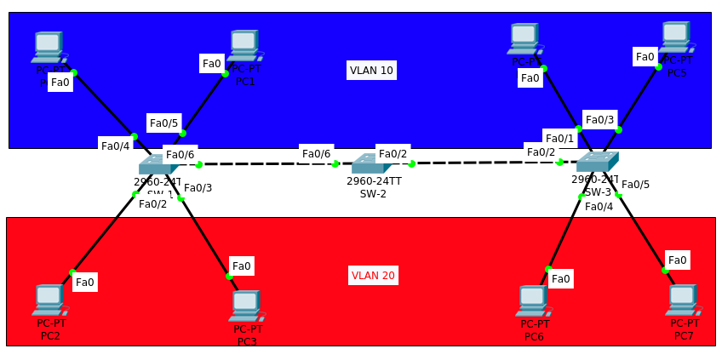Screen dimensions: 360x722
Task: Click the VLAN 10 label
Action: [x=371, y=70]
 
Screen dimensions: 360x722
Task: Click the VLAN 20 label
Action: [x=373, y=275]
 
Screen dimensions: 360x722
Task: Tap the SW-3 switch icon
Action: [x=597, y=162]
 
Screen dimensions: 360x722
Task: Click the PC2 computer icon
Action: [x=49, y=300]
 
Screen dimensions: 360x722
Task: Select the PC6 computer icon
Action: [x=533, y=300]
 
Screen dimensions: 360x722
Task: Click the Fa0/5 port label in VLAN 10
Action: [x=163, y=123]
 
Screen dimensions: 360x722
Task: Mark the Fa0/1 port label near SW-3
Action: [x=559, y=138]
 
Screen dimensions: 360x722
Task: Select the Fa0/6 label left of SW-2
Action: [x=316, y=154]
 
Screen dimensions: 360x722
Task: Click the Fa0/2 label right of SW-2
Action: [x=393, y=154]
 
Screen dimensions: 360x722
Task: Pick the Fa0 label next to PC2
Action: [x=85, y=282]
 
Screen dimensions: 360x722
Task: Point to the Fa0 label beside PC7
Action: [x=677, y=260]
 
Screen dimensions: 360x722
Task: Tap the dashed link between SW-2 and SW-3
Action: [x=485, y=163]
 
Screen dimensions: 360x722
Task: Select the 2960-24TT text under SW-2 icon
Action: [x=374, y=181]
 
